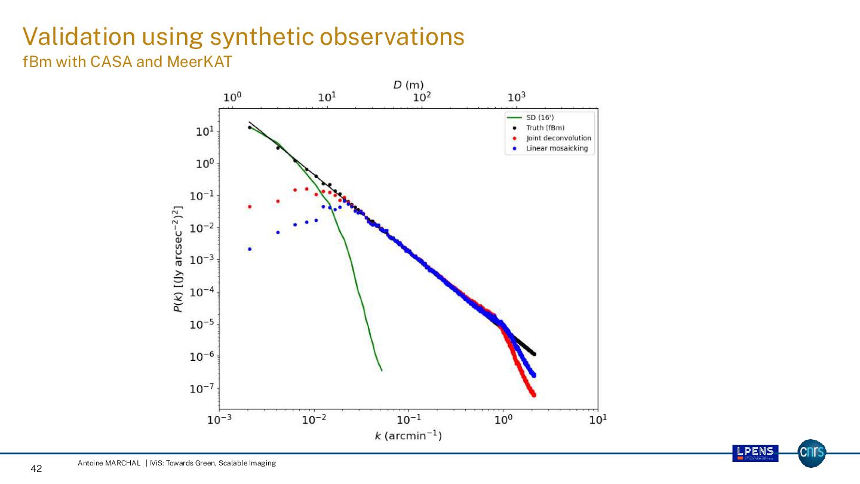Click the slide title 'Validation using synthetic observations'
243,37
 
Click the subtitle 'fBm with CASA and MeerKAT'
127,62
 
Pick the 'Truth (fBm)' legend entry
545,128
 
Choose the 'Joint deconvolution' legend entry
558,138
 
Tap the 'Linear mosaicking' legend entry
557,148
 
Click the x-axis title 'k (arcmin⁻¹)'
408,436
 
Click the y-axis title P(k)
178,259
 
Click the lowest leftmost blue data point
250,249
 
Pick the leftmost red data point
250,207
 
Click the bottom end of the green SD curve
381,370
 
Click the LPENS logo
755,453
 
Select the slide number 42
36,469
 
